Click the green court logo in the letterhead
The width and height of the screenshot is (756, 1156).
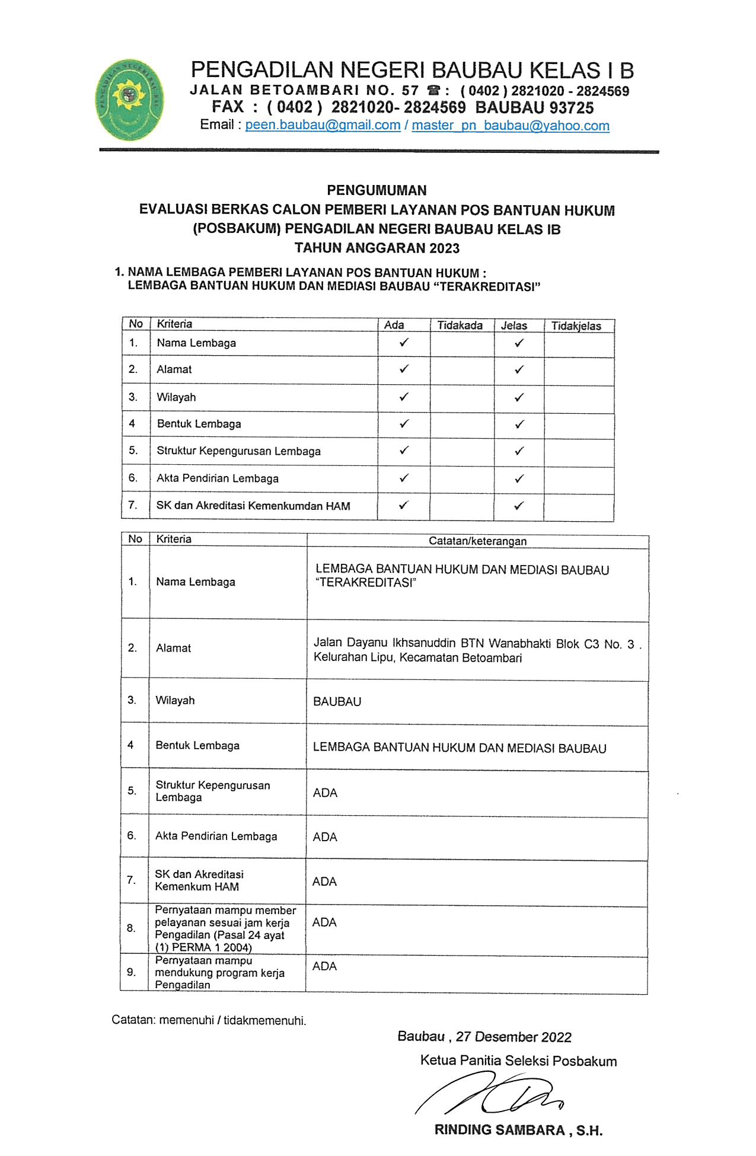coord(130,100)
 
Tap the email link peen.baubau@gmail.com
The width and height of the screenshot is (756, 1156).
coord(323,125)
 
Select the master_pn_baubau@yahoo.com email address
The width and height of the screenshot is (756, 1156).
coord(511,125)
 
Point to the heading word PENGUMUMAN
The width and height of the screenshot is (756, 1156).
coord(377,190)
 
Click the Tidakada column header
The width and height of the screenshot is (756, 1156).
coord(460,325)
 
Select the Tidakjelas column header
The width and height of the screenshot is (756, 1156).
coord(576,325)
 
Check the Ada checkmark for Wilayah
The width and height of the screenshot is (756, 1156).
coord(404,397)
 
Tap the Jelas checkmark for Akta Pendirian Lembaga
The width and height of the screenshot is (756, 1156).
coord(519,478)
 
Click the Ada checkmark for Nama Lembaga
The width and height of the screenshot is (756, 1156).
coord(404,342)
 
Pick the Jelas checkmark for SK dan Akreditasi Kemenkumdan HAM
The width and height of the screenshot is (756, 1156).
coord(519,506)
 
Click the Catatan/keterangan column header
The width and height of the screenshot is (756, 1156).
coord(477,541)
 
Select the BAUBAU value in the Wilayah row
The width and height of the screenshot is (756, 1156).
coord(337,701)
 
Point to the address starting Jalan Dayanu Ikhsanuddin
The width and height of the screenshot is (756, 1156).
coord(477,650)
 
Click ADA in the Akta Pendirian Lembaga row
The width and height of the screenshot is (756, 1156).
coord(325,837)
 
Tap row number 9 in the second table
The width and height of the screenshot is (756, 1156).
coord(132,972)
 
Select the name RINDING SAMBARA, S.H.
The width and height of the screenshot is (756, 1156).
coord(518,1130)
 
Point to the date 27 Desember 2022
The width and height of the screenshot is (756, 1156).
coord(513,1037)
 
